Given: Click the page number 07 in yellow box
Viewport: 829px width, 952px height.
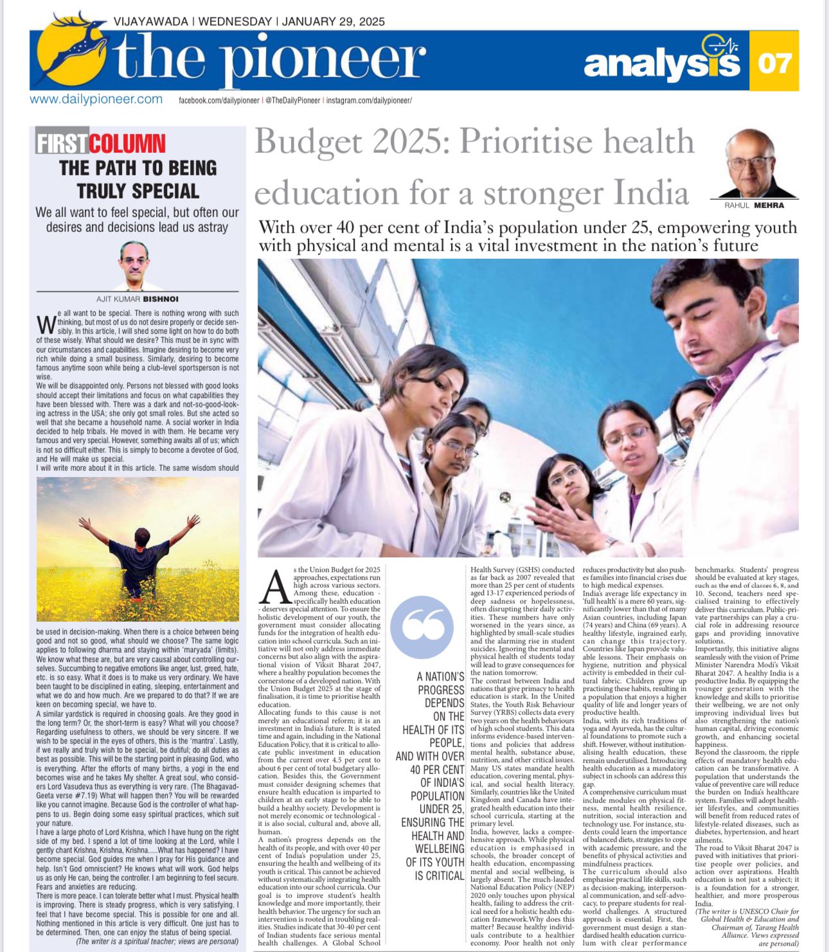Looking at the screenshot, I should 774,63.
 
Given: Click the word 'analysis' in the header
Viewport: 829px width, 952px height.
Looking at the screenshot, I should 662,64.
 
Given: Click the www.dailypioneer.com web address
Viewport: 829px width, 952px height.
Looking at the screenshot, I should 96,100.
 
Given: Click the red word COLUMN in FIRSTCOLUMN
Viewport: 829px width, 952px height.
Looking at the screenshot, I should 127,143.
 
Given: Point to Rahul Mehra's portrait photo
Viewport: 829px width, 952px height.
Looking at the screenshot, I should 754,164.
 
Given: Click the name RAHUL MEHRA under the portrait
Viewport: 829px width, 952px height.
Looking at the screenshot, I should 754,205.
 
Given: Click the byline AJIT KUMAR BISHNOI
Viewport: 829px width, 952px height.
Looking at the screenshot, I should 137,299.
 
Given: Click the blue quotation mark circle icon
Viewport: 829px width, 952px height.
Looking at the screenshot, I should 422,627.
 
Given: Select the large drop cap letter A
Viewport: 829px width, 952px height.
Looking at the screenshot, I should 275,587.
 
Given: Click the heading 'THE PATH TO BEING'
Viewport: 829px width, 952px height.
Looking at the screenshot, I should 138,168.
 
